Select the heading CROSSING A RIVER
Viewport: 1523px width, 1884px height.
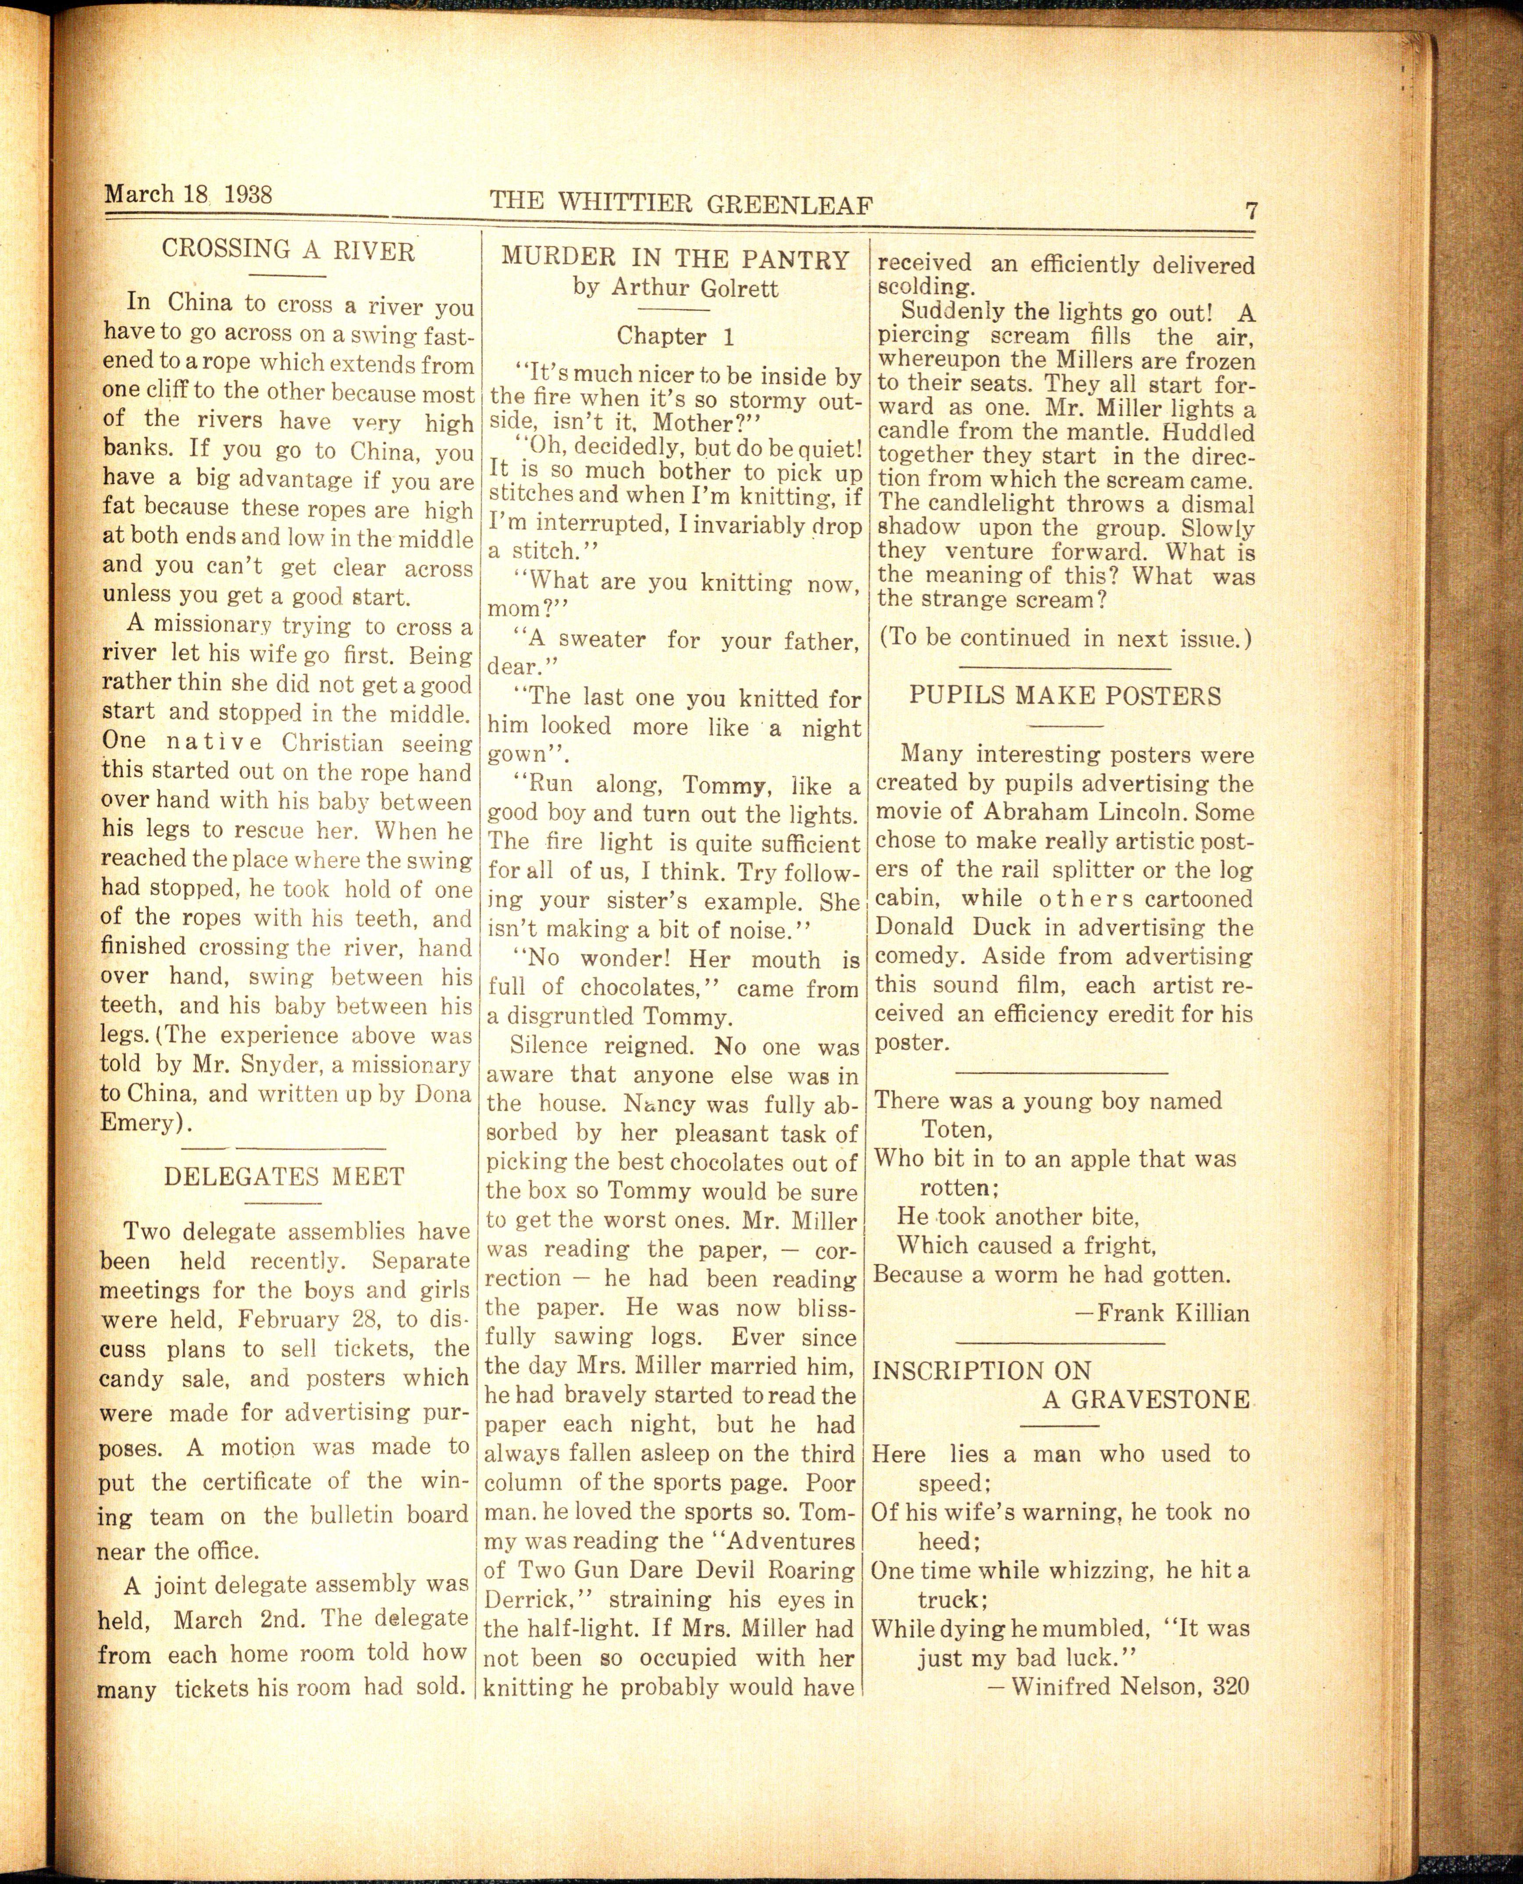click(x=288, y=251)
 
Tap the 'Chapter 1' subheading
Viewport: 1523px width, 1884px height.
click(x=675, y=336)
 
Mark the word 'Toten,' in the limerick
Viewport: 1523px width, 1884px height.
click(x=956, y=1129)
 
